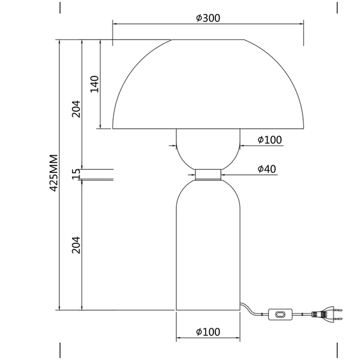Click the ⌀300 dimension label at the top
pos(208,18)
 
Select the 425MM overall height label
pos(54,173)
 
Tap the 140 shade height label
pos(94,84)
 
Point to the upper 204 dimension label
pos(76,109)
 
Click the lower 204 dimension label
pos(76,245)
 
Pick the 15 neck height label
pos(76,174)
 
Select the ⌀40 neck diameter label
pos(267,169)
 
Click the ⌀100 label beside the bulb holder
pos(270,140)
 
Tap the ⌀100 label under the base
pos(208,332)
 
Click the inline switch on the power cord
pos(280,315)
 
